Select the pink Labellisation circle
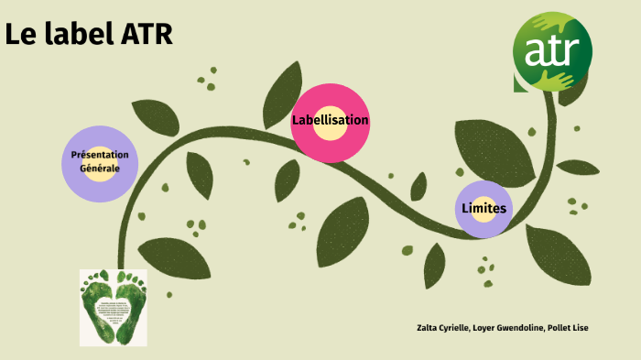point(331,123)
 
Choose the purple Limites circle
point(483,209)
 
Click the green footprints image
point(114,307)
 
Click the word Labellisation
point(331,120)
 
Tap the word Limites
point(484,209)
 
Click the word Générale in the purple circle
point(100,169)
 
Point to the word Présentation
point(100,155)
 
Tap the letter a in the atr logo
point(537,54)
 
